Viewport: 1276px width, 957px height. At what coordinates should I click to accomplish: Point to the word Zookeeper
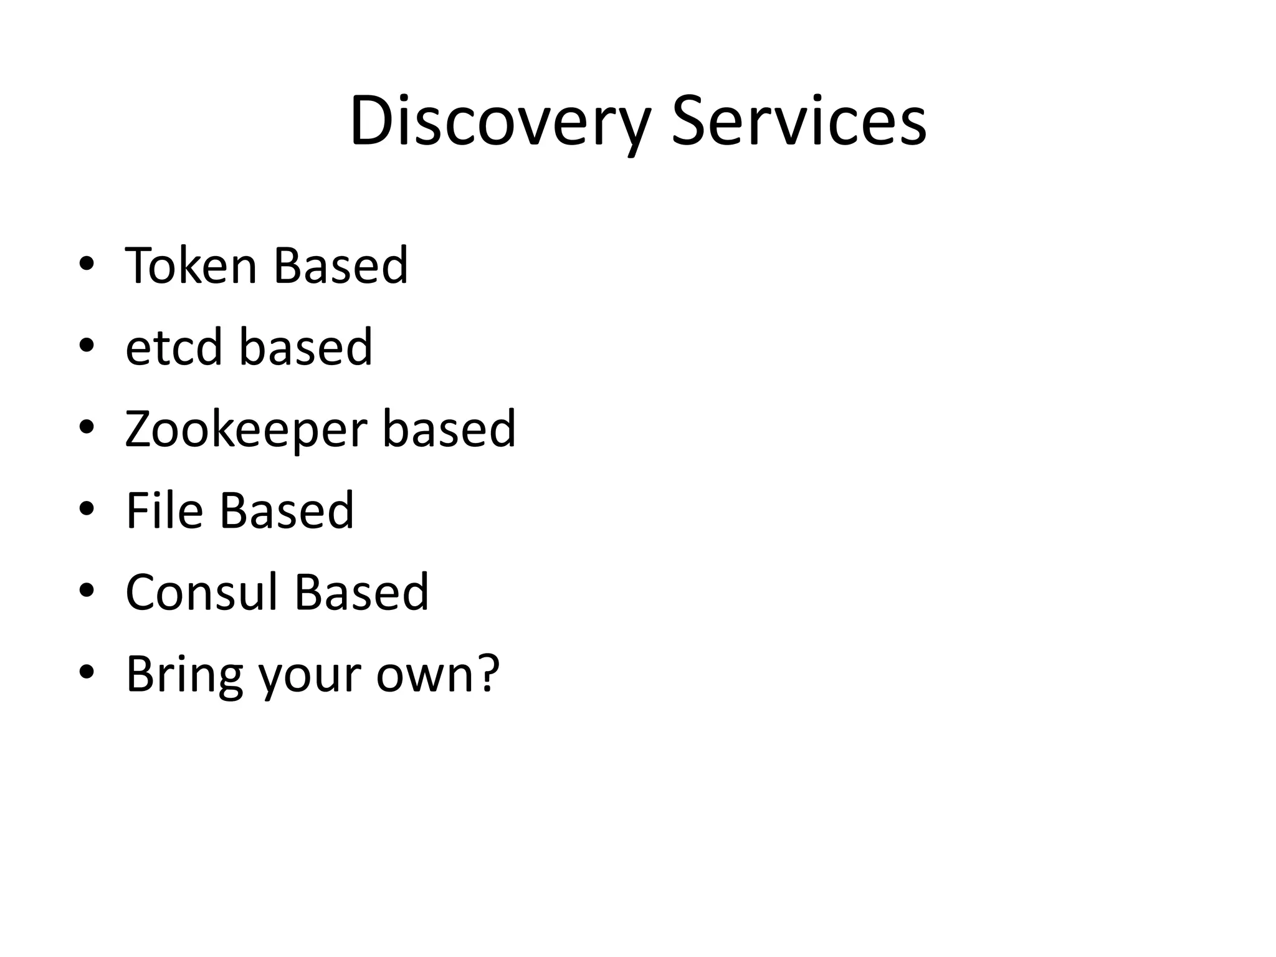pos(247,430)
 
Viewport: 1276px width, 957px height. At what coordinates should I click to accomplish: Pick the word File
pos(164,511)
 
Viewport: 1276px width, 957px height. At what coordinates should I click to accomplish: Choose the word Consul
pos(201,592)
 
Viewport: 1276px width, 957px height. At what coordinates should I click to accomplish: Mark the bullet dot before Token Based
pos(87,264)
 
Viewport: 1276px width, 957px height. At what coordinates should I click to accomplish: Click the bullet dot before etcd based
pos(87,346)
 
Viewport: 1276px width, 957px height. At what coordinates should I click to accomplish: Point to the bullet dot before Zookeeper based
pos(87,427)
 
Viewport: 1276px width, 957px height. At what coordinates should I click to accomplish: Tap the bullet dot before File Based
pos(87,509)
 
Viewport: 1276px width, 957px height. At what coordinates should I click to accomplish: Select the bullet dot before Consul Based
pos(87,591)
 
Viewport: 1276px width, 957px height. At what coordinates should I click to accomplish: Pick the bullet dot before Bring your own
pos(87,672)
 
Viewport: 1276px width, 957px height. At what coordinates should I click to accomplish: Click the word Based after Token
pos(340,265)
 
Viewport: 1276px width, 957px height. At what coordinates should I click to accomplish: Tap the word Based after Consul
pos(361,592)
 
